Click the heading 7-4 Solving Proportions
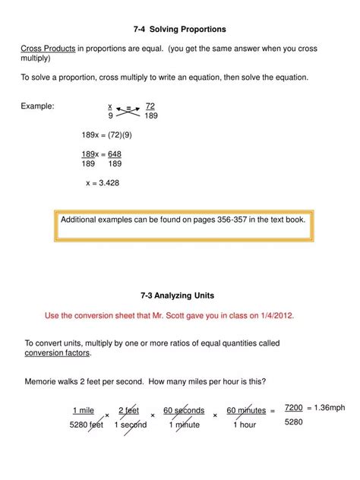pos(180,29)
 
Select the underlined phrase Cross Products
pos(48,49)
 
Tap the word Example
pos(37,106)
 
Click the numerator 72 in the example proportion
pos(150,106)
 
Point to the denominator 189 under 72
pos(150,116)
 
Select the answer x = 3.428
pos(103,183)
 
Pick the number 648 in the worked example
pos(114,154)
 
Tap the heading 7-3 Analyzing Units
pos(179,295)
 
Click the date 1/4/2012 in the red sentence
pos(273,315)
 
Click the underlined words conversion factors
pos(58,353)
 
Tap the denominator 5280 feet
pos(86,425)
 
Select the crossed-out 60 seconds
pos(184,411)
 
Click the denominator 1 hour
pos(244,425)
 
